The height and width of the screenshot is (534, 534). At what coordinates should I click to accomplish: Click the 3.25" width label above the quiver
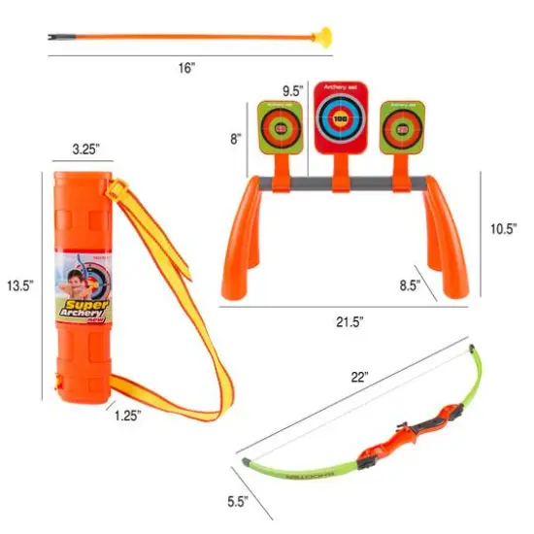pos(86,150)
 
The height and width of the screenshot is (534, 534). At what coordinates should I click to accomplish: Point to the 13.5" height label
pos(19,286)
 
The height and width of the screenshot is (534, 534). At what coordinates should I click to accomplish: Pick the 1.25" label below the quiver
pos(126,415)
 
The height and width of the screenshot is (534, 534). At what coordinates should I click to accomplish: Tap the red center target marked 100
pos(340,118)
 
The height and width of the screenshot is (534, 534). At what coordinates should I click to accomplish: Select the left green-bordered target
pos(281,127)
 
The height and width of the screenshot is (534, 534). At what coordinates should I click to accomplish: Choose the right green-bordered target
pos(399,127)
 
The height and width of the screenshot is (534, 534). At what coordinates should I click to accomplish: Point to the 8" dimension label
pos(235,139)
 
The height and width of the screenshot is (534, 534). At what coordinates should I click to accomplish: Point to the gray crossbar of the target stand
pos(339,183)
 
